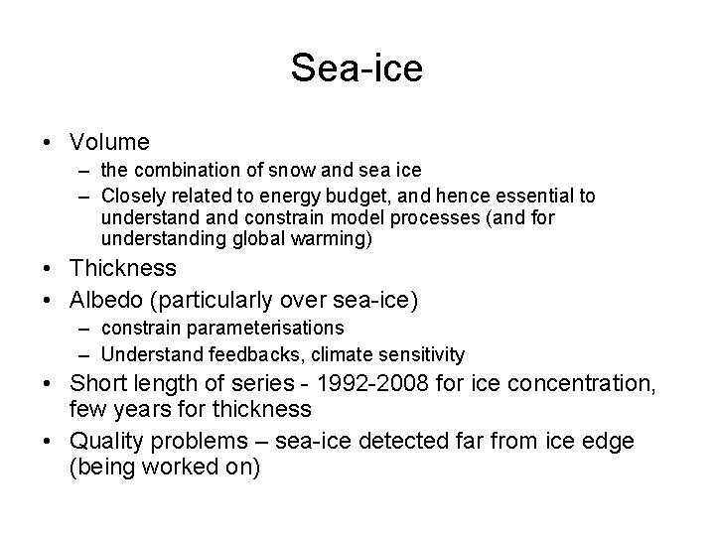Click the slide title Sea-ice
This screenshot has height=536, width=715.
click(x=357, y=67)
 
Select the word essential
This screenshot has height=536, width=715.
click(x=536, y=197)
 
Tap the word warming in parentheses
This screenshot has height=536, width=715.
click(x=333, y=238)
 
